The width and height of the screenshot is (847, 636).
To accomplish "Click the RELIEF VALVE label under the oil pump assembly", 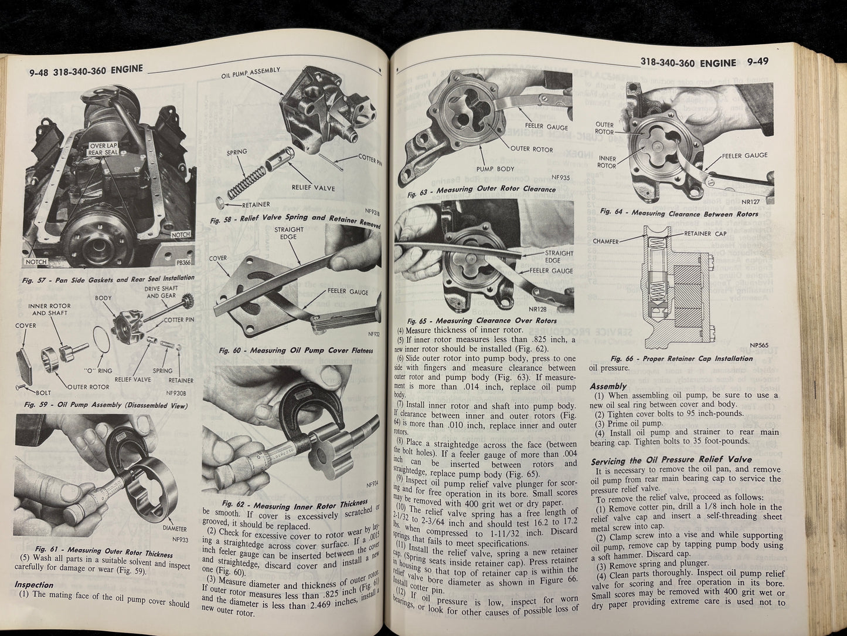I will (314, 189).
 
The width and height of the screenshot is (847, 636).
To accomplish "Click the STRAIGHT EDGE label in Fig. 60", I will (288, 233).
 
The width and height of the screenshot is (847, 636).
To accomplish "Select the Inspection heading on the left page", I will (33, 584).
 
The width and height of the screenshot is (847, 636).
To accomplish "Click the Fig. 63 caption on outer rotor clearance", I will (481, 190).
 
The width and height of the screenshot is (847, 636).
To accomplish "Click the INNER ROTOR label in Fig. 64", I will (606, 162).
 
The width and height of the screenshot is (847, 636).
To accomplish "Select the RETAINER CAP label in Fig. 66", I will (705, 234).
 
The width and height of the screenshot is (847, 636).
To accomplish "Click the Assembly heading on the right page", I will (608, 386).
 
